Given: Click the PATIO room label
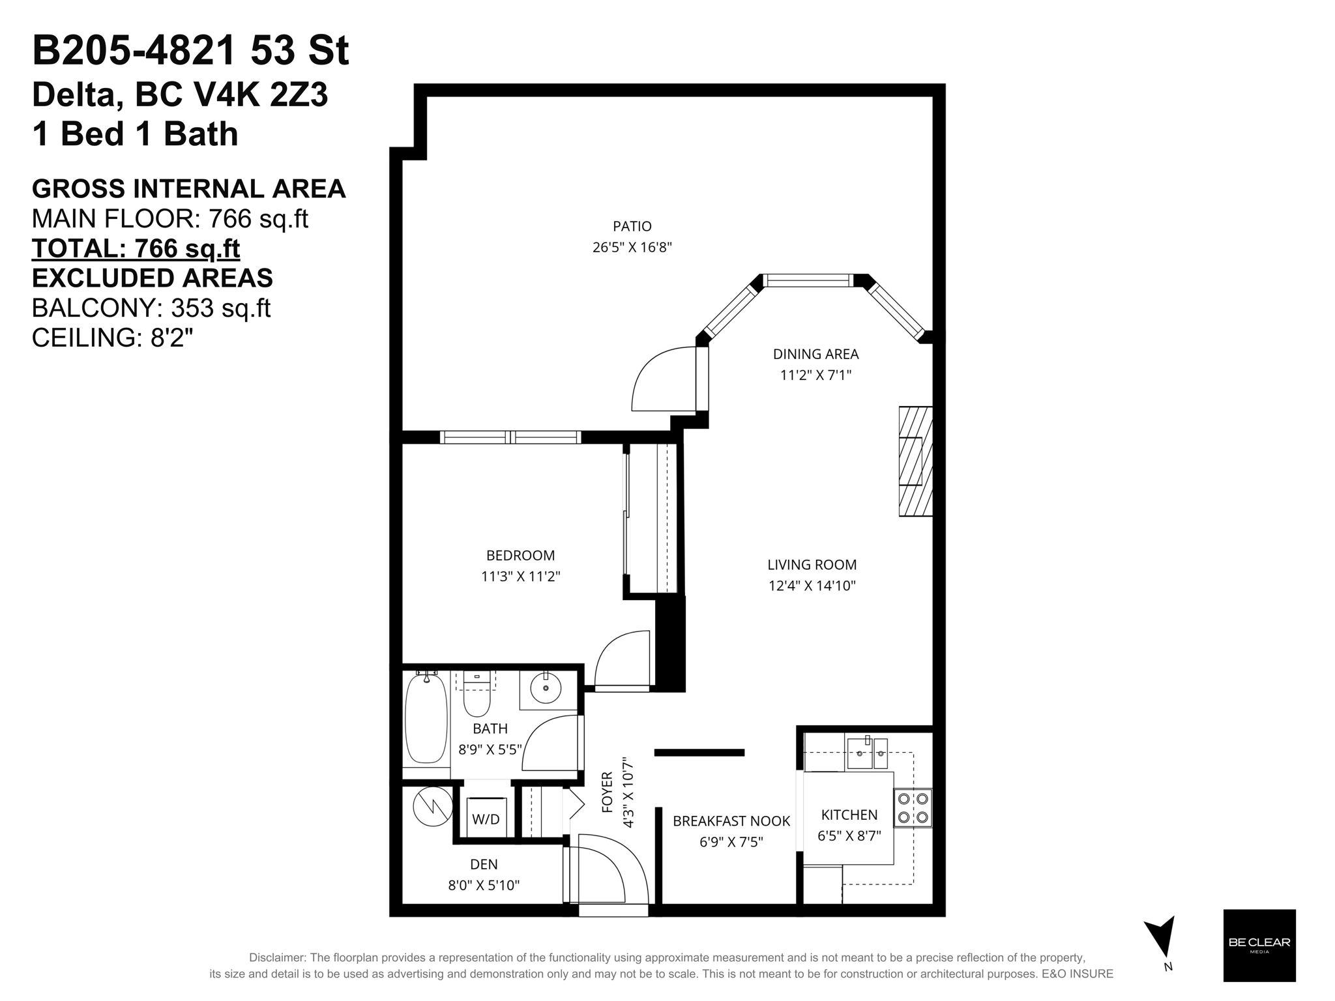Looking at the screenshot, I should (632, 226).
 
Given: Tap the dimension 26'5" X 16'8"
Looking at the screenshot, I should (632, 248).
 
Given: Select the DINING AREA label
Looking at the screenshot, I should (815, 354).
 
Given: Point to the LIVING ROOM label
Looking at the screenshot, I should (812, 564).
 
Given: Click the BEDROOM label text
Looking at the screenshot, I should (520, 555).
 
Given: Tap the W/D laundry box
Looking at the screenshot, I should (486, 819).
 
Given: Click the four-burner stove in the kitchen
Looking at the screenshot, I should (913, 808).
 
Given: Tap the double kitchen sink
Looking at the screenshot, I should (867, 754).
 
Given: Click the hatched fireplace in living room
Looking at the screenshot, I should (915, 461).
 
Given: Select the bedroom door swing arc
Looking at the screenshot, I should (619, 658).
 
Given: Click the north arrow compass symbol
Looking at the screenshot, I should (1162, 938).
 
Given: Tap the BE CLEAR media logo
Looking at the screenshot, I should (1259, 945).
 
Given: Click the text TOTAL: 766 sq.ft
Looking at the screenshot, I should (136, 248).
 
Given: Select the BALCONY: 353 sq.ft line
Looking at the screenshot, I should (151, 308).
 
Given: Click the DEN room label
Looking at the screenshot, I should (484, 864).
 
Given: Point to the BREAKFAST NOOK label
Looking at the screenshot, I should (731, 821).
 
